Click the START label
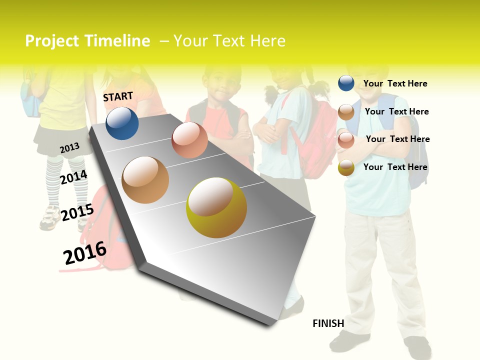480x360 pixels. (118, 96)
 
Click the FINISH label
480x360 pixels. (328, 323)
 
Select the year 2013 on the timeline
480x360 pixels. (69, 148)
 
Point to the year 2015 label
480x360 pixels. (77, 212)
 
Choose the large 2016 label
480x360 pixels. (85, 252)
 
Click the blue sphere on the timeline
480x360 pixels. (122, 123)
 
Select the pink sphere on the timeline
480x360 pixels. (189, 140)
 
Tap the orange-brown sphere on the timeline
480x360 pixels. (145, 180)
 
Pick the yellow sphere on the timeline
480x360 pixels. (216, 207)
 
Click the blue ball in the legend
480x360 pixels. (346, 83)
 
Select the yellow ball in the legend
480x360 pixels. (346, 167)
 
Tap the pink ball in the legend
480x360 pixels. (346, 140)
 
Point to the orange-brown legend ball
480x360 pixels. (346, 112)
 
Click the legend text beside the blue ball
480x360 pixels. (395, 83)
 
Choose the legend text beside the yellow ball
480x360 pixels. (395, 167)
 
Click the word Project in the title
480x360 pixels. (52, 41)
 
